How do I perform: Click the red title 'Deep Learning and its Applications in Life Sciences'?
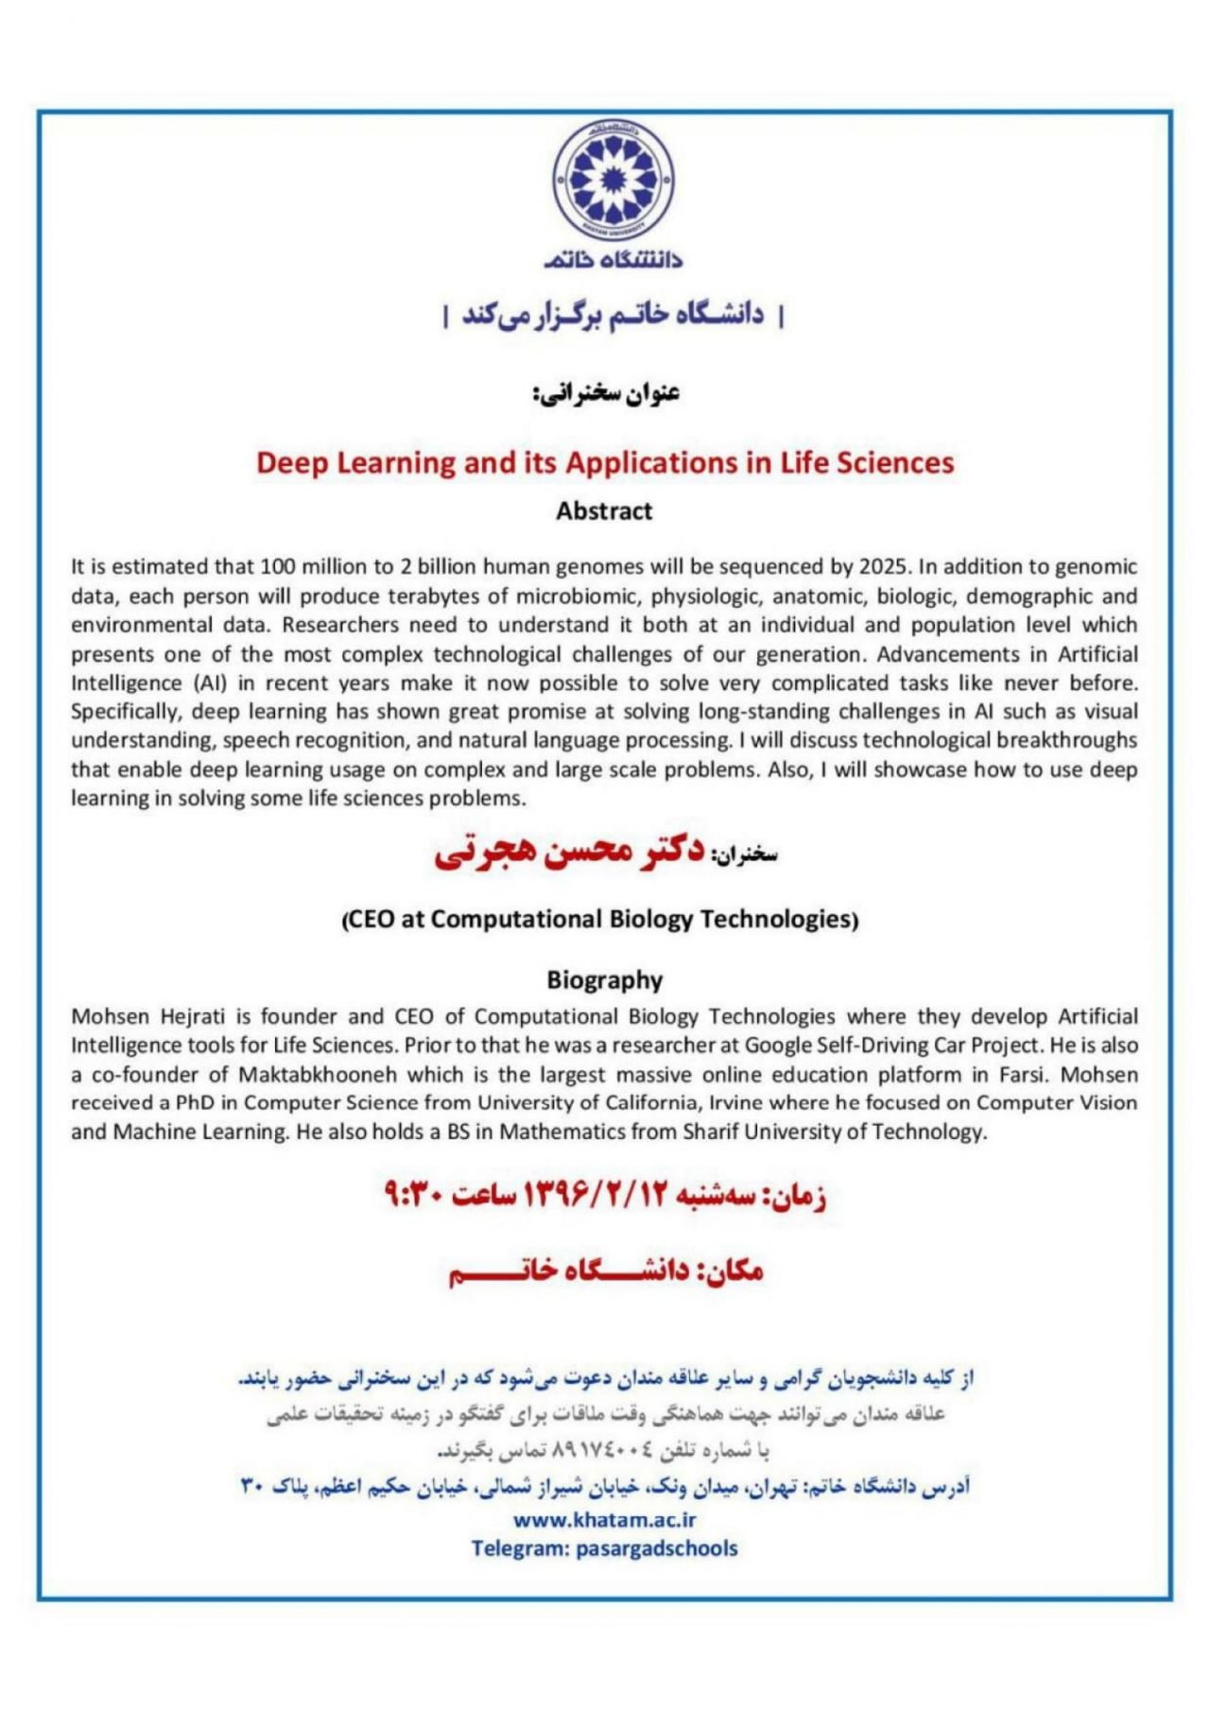click(605, 462)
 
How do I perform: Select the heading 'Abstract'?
click(604, 511)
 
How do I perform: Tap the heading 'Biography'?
click(605, 980)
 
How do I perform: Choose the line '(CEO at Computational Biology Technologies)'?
click(599, 919)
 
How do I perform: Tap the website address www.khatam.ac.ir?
click(605, 1520)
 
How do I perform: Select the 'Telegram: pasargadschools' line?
click(605, 1548)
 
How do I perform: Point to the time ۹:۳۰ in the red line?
click(413, 1196)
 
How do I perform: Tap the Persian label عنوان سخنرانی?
click(606, 392)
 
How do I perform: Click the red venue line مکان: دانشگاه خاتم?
click(605, 1271)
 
